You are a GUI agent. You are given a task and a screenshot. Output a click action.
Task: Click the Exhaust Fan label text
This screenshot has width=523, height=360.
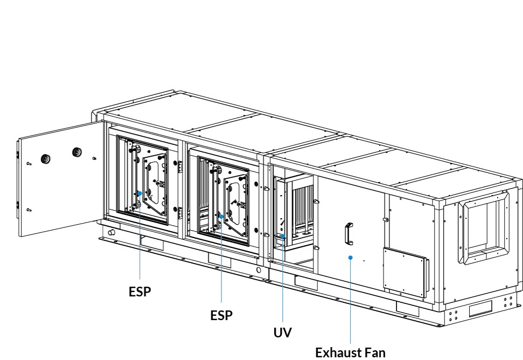(350, 352)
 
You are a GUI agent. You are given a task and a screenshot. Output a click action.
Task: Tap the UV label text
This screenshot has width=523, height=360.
(283, 333)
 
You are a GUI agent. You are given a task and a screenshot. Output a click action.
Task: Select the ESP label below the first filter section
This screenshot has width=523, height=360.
(140, 292)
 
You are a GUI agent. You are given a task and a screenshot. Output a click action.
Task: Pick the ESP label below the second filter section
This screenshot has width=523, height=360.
(221, 315)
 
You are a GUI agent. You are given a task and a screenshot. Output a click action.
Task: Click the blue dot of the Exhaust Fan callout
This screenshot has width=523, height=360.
(350, 258)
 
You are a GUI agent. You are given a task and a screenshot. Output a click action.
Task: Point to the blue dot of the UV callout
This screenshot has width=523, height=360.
(283, 236)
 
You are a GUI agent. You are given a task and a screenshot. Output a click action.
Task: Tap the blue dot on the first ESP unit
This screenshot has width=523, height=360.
(140, 193)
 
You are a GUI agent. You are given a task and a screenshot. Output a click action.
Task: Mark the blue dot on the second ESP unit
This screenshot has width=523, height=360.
(221, 217)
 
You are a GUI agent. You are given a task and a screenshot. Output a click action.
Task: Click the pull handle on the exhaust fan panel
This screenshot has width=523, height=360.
(349, 234)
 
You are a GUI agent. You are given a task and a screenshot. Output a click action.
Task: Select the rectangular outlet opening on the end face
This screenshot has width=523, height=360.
(483, 227)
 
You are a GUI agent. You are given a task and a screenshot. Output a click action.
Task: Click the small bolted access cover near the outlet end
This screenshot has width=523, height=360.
(405, 272)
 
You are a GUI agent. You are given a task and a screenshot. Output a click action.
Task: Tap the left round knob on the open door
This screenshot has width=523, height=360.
(45, 159)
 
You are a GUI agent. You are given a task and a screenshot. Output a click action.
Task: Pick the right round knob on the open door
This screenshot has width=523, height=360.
(77, 152)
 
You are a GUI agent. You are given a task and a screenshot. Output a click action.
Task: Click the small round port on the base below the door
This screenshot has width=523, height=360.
(111, 232)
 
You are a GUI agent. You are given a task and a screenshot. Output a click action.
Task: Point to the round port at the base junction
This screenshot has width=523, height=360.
(259, 269)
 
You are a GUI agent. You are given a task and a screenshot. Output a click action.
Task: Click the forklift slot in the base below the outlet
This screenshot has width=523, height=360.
(480, 309)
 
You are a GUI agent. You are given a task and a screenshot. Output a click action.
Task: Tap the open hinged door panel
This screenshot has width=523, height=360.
(60, 178)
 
